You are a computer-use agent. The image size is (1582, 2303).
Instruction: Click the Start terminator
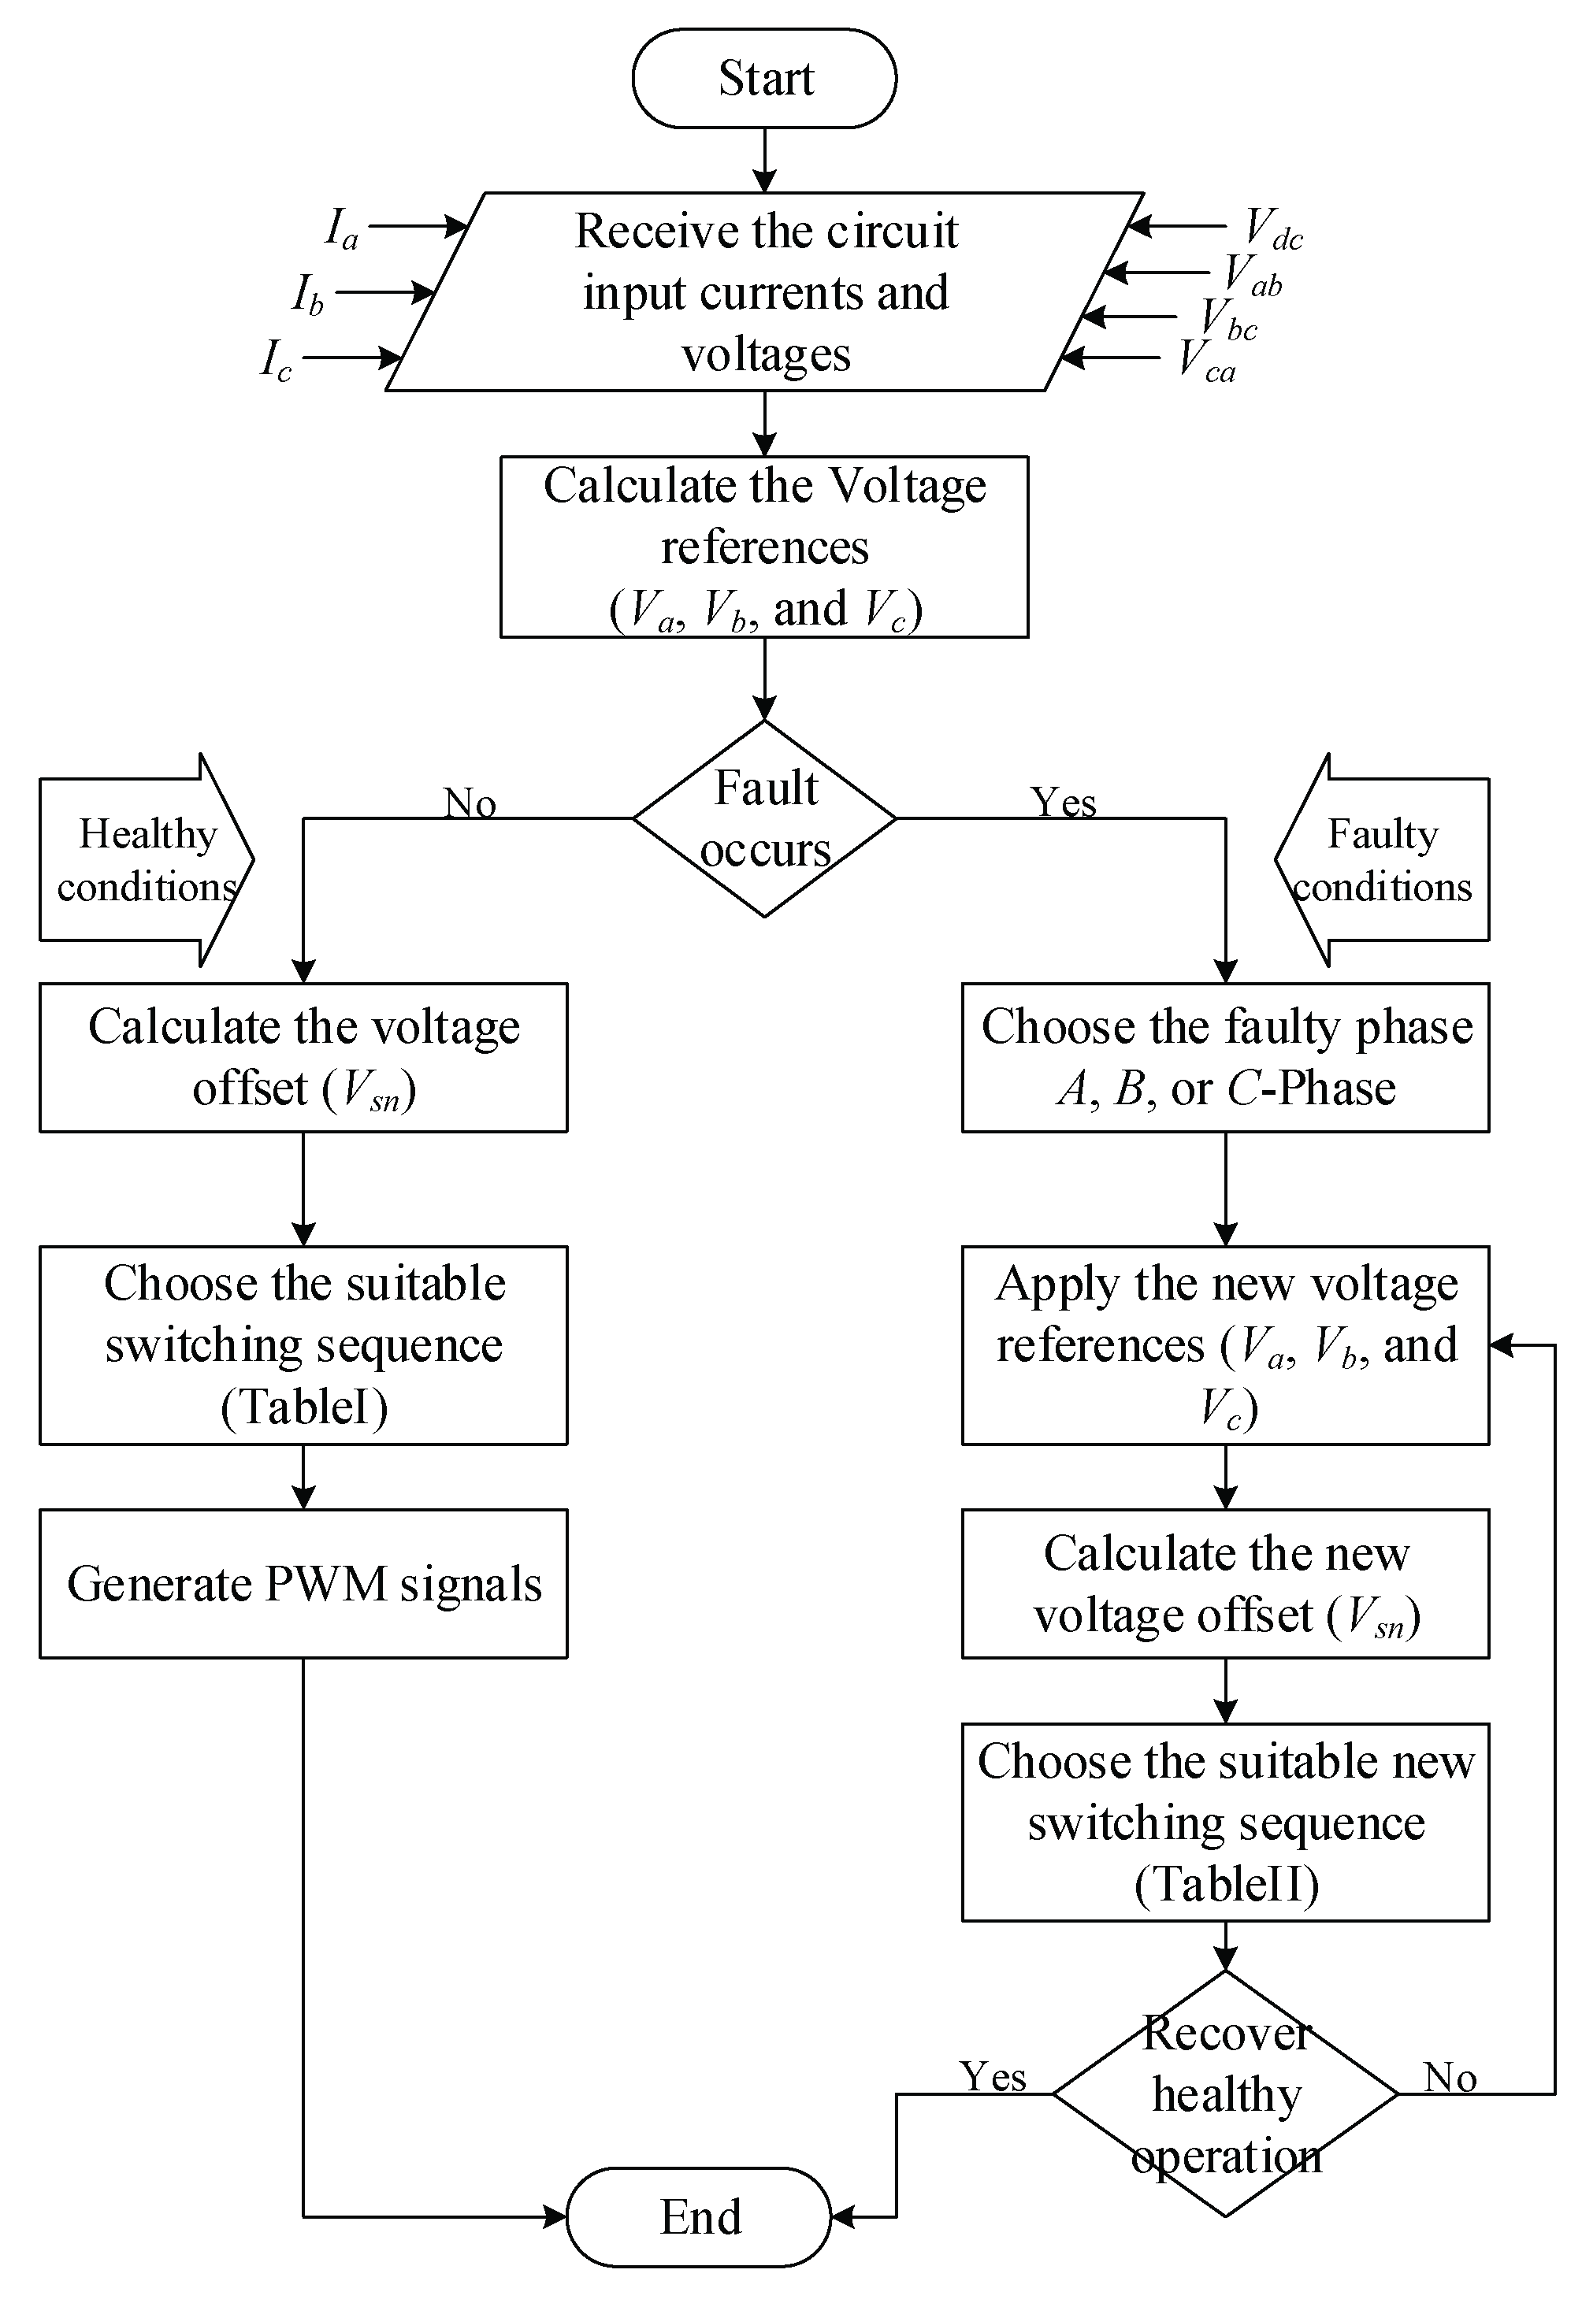pyautogui.click(x=764, y=78)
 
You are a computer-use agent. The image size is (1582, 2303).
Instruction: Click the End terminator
pyautogui.click(x=699, y=2217)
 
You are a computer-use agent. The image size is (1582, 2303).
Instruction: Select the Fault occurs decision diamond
pyautogui.click(x=764, y=818)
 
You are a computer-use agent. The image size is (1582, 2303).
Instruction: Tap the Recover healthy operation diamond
pyautogui.click(x=1225, y=2094)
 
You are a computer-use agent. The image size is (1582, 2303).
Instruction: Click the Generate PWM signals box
pyautogui.click(x=303, y=1584)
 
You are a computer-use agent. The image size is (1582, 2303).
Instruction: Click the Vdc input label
pyautogui.click(x=1272, y=229)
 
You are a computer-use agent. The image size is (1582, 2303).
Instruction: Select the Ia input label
pyautogui.click(x=341, y=229)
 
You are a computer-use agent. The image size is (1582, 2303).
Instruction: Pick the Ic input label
pyautogui.click(x=276, y=361)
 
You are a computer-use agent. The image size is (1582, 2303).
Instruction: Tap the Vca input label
pyautogui.click(x=1206, y=361)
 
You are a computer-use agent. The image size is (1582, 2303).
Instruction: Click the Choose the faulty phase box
pyautogui.click(x=1225, y=1057)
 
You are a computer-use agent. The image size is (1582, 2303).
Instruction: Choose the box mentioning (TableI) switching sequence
pyautogui.click(x=303, y=1344)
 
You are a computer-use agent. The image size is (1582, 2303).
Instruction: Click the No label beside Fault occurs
pyautogui.click(x=469, y=803)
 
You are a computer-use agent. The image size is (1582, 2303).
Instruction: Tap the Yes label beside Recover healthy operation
pyautogui.click(x=992, y=2076)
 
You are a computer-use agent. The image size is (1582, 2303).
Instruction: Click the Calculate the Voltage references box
pyautogui.click(x=764, y=547)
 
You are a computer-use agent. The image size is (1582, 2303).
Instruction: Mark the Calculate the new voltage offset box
pyautogui.click(x=1225, y=1584)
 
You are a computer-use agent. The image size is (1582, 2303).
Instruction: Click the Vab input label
pyautogui.click(x=1252, y=275)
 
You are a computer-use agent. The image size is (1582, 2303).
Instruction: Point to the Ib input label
pyautogui.click(x=307, y=295)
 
